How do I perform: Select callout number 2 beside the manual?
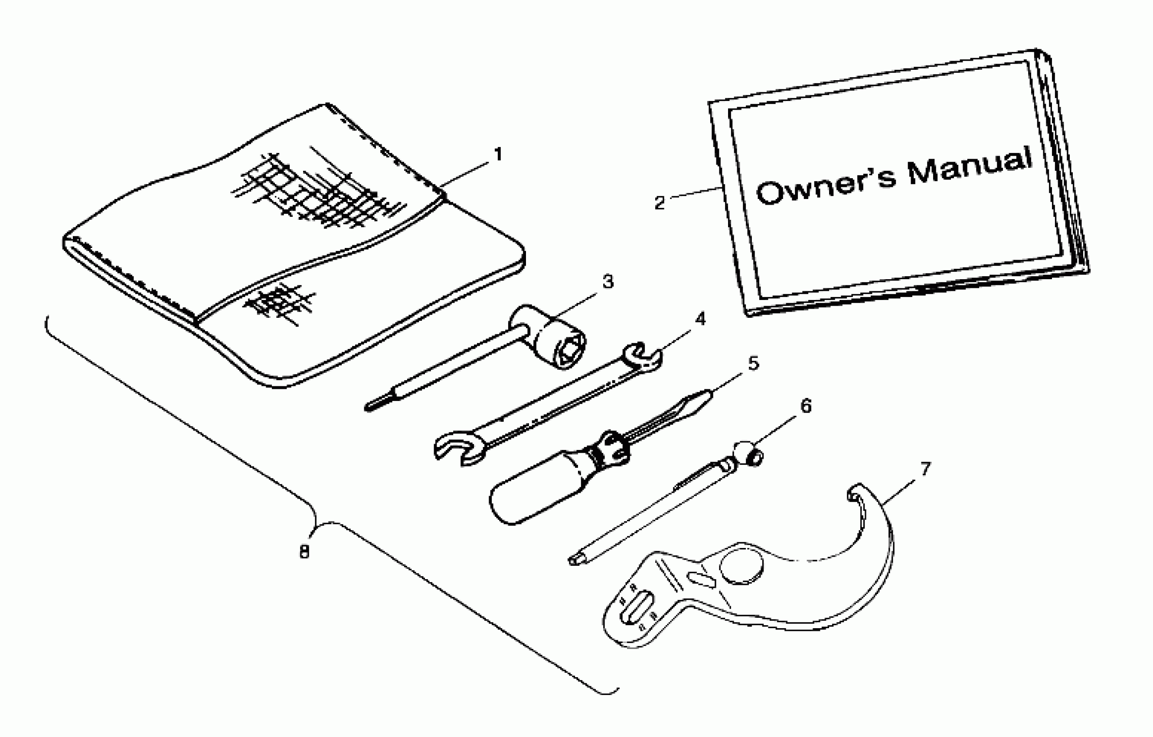660,203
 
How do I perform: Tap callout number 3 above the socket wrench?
608,282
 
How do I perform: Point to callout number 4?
700,319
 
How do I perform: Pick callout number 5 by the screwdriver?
753,364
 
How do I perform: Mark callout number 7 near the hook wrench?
925,469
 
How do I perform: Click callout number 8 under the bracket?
304,552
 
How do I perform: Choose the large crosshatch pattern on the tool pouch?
316,192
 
